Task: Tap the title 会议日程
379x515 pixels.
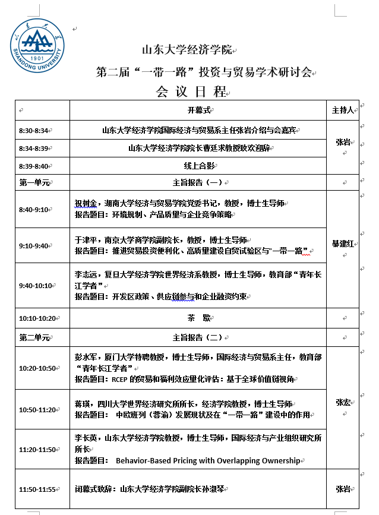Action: (x=191, y=91)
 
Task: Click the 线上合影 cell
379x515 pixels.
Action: (x=198, y=166)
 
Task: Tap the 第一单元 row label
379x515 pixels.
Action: (x=34, y=182)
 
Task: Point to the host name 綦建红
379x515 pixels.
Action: (x=343, y=244)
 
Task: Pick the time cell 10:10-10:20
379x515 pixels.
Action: (x=37, y=318)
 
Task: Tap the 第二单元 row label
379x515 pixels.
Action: (x=34, y=337)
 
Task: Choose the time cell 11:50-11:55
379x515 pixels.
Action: (x=37, y=489)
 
